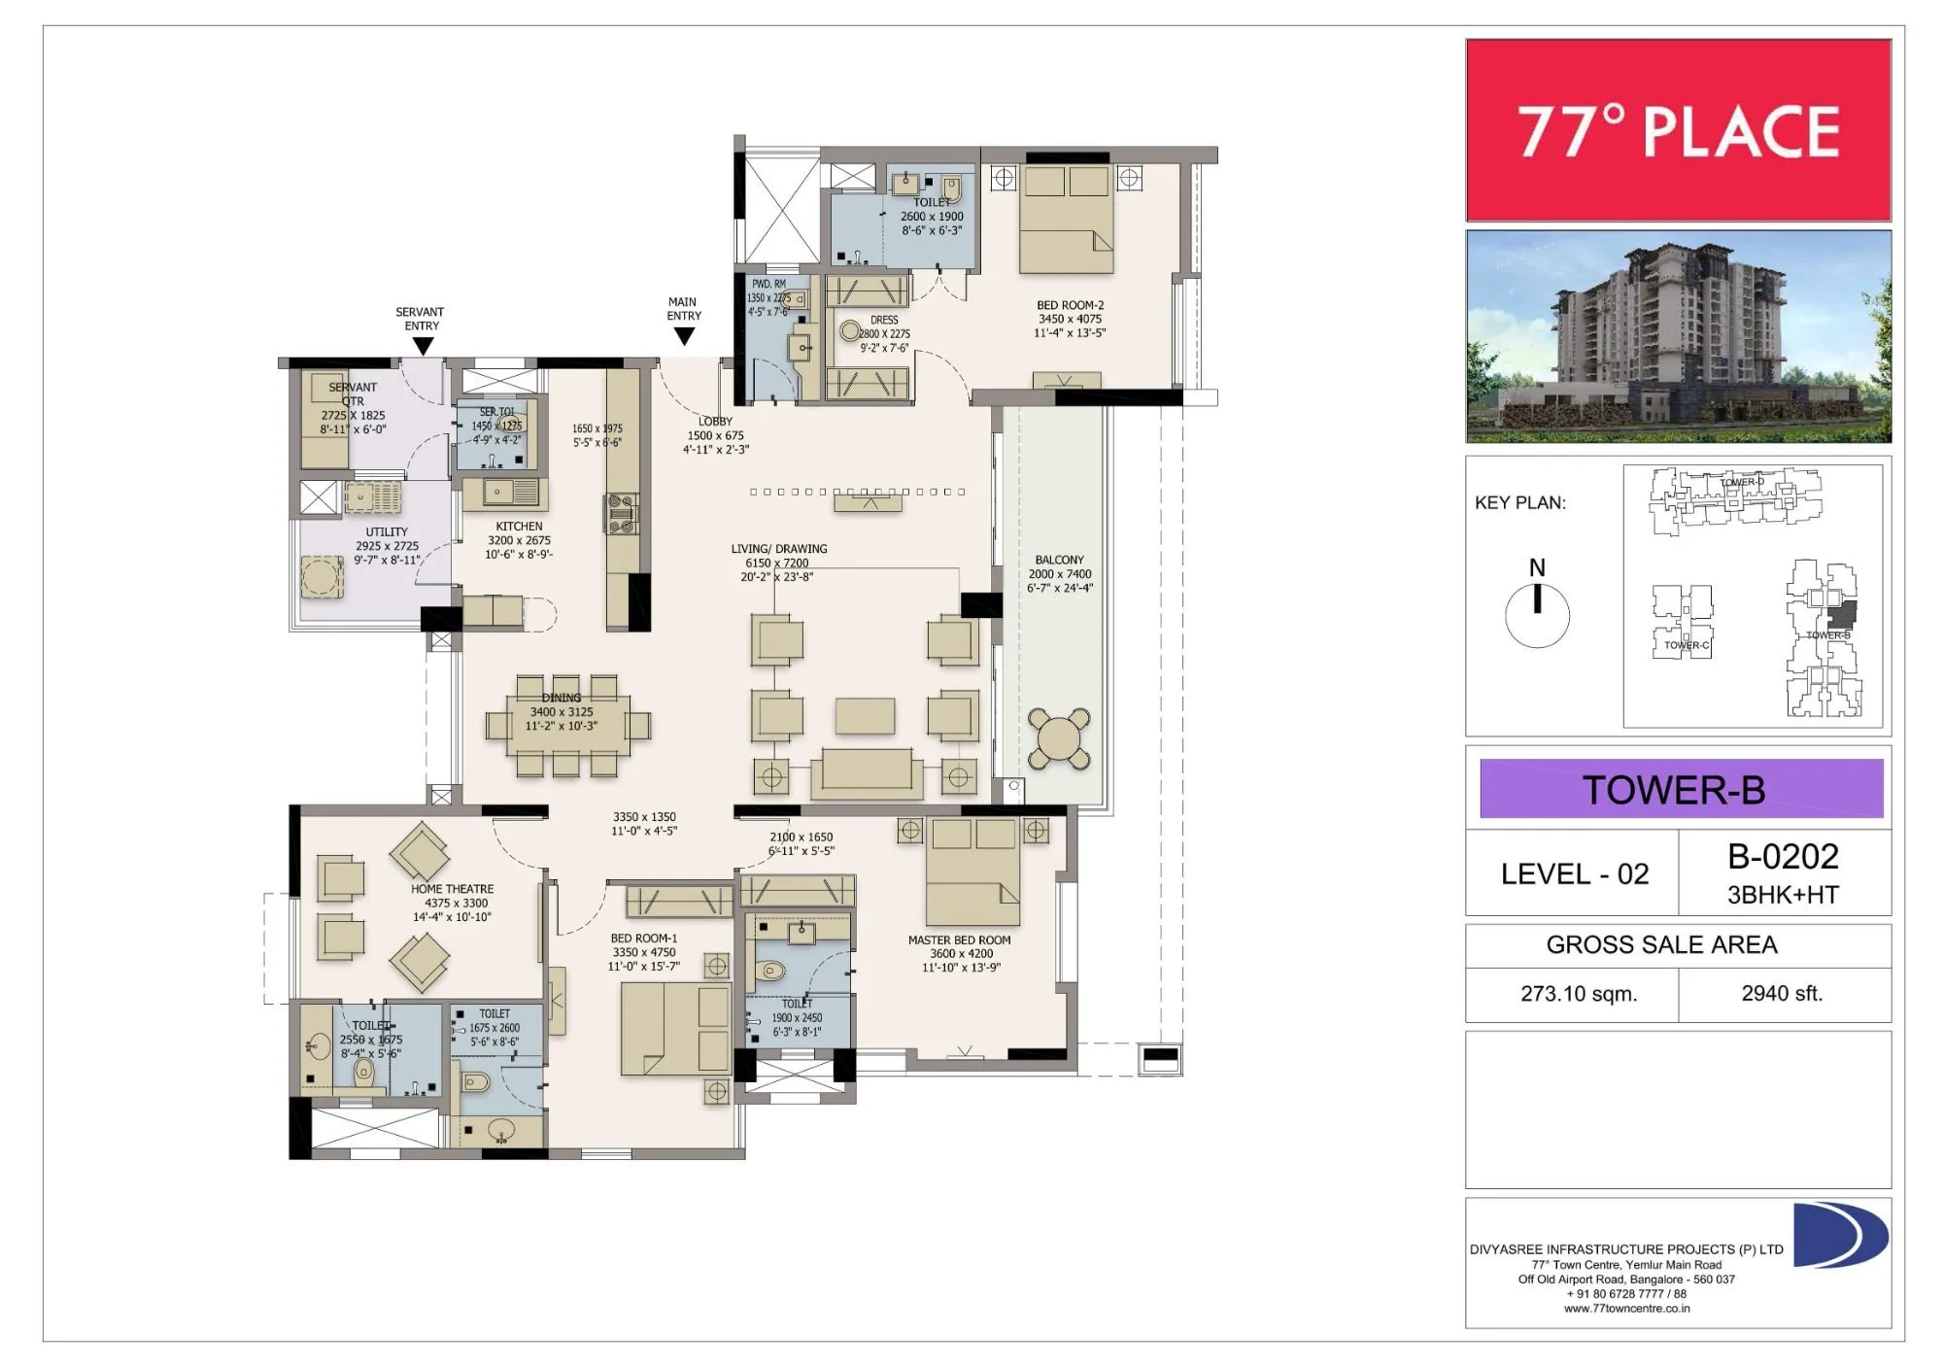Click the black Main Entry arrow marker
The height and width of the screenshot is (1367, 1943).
coord(684,336)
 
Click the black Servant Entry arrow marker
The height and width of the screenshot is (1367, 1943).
coord(423,346)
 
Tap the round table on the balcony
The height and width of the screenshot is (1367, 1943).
coord(1059,739)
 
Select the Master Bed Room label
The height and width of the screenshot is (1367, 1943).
coord(959,940)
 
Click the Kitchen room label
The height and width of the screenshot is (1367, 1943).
coord(519,526)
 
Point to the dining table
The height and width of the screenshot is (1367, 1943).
coord(567,726)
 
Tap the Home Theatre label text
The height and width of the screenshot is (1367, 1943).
coord(452,888)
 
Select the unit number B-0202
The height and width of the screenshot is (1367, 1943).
coord(1783,856)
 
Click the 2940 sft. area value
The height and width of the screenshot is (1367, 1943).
coord(1782,993)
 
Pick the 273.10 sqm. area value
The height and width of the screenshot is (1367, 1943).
coord(1579,994)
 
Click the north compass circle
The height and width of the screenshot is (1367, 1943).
coord(1537,616)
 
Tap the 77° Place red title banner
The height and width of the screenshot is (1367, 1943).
coord(1678,130)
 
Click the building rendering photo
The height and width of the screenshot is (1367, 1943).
coord(1678,336)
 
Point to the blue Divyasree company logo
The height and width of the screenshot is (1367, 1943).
coord(1838,1235)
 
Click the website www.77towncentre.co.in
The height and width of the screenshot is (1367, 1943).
coord(1626,1308)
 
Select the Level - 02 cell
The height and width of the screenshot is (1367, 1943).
coord(1574,873)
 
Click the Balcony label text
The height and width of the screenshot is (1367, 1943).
coord(1059,560)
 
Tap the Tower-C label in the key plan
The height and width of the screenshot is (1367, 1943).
coord(1686,645)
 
